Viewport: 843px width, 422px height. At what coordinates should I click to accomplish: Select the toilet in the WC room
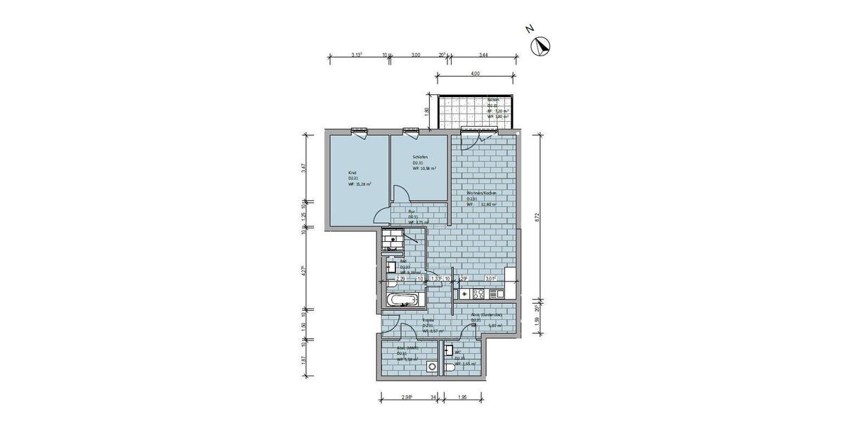coord(449,369)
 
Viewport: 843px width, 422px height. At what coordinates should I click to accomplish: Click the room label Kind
coord(352,172)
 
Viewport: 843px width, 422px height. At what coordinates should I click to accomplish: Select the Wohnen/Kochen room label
coord(483,193)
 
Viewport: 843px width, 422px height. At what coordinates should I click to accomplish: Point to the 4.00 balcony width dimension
coord(475,74)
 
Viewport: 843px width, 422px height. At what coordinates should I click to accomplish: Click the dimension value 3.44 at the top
coord(483,55)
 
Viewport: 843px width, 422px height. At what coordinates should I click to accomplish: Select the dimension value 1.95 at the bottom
coord(462,398)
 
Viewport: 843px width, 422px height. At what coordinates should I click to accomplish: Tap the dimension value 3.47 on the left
coord(303,167)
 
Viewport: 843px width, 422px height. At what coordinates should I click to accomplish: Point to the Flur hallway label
coord(412,210)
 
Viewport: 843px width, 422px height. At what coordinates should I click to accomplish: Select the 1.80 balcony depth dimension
coord(426,110)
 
